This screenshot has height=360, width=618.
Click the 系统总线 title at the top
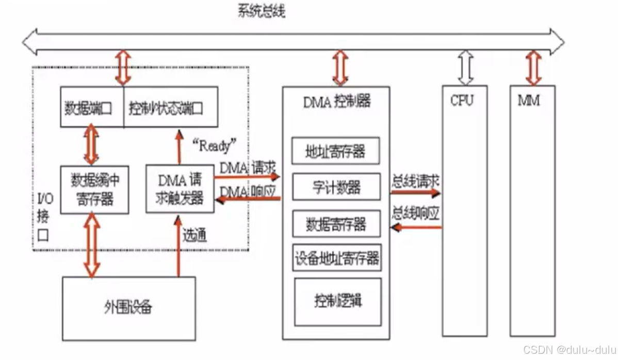pos(261,11)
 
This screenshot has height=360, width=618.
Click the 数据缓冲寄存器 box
pos(92,189)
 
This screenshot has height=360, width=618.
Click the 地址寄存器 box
pos(336,152)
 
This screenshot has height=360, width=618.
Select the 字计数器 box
pos(336,187)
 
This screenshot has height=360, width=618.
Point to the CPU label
pos(462,101)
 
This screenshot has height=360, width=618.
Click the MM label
pos(529,101)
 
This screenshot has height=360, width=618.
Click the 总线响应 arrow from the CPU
pos(416,227)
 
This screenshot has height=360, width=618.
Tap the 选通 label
pos(194,235)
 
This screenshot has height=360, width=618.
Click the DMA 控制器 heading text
pos(336,101)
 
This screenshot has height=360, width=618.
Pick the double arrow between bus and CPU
pos(465,67)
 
